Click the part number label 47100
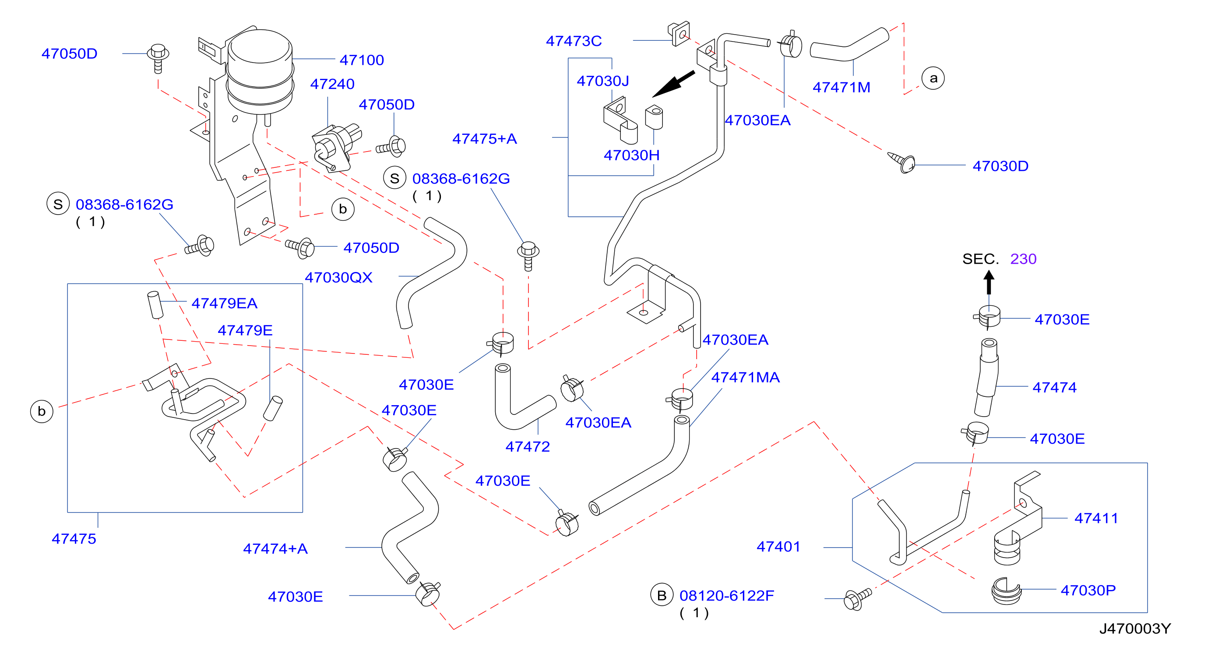click(x=362, y=60)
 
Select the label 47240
click(x=332, y=84)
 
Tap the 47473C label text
click(x=574, y=41)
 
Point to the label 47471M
click(x=841, y=88)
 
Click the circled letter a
click(x=933, y=78)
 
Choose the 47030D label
click(x=1000, y=166)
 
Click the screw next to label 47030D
click(x=902, y=162)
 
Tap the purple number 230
click(x=1023, y=259)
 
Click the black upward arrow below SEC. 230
click(x=989, y=283)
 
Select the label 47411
click(x=1096, y=518)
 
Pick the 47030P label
click(x=1088, y=590)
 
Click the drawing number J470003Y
click(x=1135, y=629)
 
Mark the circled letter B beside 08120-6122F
click(x=662, y=596)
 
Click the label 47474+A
click(x=275, y=549)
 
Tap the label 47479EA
click(x=224, y=303)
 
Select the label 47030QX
click(x=338, y=277)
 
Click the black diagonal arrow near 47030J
click(x=673, y=84)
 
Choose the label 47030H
click(x=632, y=155)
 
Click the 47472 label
click(x=528, y=447)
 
